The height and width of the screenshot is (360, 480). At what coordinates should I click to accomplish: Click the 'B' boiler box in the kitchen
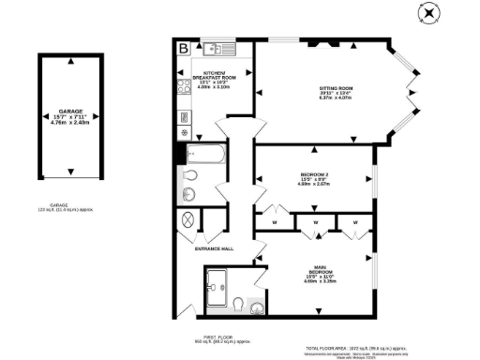point(184,48)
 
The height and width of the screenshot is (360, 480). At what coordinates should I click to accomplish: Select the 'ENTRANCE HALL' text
point(214,248)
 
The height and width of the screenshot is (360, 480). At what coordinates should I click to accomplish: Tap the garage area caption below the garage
point(70,210)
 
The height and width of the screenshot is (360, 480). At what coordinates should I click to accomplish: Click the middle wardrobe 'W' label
point(316,222)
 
